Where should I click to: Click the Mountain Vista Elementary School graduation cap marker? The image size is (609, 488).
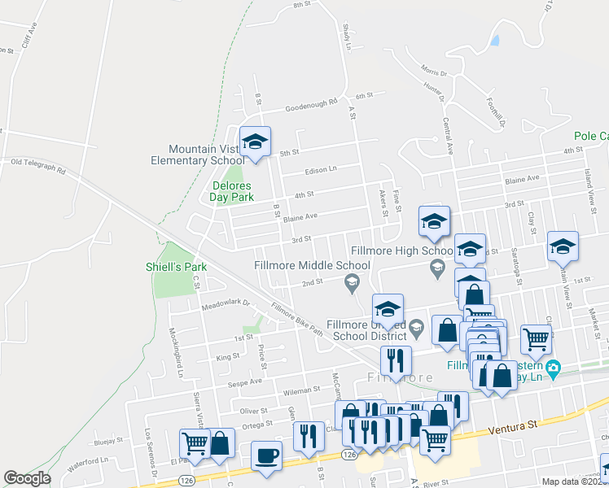255,142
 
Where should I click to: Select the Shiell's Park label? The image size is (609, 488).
176,267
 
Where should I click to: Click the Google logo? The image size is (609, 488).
27,478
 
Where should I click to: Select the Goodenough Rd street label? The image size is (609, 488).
310,103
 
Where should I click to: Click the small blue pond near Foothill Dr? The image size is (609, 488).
494,38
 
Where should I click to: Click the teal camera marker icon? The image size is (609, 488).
554,368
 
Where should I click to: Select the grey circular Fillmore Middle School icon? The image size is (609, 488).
352,282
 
